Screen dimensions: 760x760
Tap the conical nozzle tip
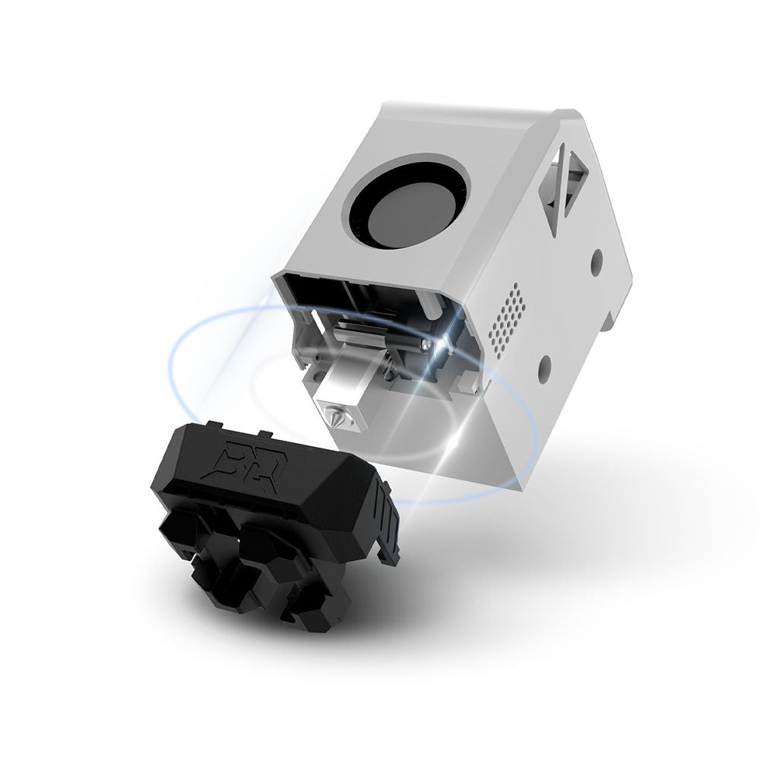335,416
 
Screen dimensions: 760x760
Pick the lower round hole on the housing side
545,367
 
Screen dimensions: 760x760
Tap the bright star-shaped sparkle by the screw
445,344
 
